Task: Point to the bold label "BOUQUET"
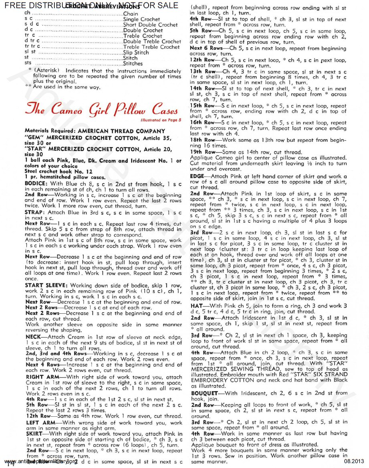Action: (x=204, y=393)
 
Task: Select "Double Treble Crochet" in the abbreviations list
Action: (x=152, y=41)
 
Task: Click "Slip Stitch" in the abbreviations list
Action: (x=136, y=52)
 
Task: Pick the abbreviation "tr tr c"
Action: (x=32, y=47)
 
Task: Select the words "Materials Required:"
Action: (x=50, y=131)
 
